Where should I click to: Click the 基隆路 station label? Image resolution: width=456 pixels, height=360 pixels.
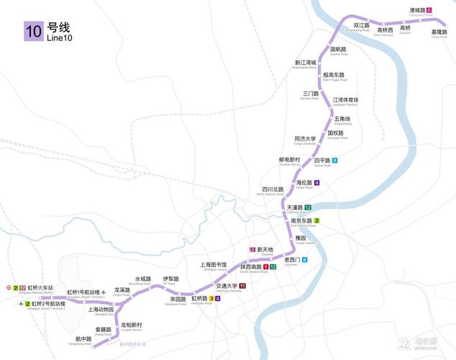[x=439, y=32]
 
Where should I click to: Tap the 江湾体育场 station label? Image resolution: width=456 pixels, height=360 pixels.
[x=345, y=100]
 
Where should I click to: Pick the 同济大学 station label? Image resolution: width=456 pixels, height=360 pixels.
[x=305, y=139]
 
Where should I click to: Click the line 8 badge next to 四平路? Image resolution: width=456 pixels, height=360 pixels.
[x=335, y=161]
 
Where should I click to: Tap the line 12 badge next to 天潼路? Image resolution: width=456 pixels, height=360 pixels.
[x=307, y=207]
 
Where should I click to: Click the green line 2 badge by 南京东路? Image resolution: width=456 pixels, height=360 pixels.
[x=316, y=220]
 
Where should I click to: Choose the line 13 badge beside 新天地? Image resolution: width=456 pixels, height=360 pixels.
[x=252, y=249]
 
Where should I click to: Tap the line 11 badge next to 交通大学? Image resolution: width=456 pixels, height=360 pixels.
[x=242, y=286]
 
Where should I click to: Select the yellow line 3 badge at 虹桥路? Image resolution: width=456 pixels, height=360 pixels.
[x=211, y=298]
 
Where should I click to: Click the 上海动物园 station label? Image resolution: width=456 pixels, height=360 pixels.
[x=101, y=310]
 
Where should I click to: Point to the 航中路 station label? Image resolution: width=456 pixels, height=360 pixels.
[x=83, y=338]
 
